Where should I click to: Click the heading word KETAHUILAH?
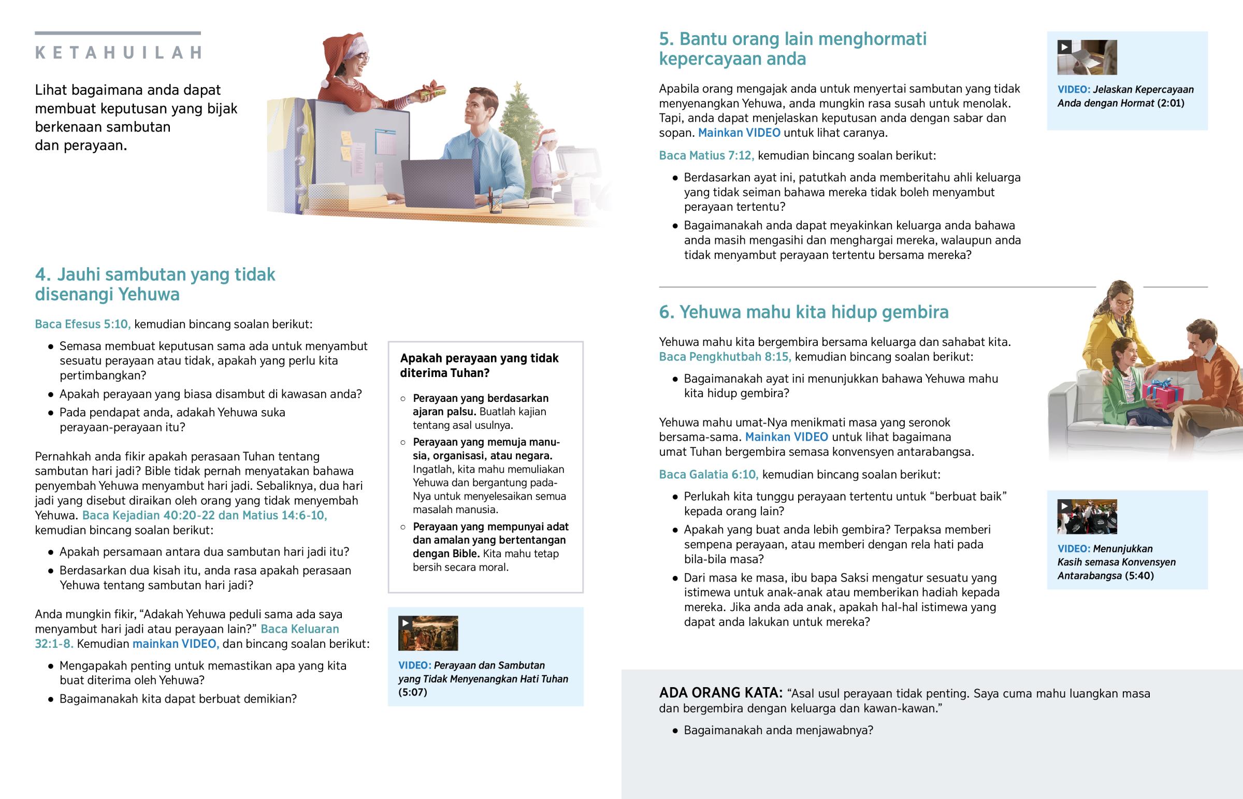pos(118,52)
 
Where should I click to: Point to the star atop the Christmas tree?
pos(517,85)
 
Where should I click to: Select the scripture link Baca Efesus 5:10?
pos(82,324)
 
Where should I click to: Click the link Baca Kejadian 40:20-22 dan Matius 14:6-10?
pos(205,515)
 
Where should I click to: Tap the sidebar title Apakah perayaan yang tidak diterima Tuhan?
pos(479,365)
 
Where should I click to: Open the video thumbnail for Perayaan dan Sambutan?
pos(428,633)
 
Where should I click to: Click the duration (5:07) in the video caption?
pos(412,692)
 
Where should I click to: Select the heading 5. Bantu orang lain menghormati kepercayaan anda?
pos(792,49)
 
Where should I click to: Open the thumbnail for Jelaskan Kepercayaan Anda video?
pos(1087,57)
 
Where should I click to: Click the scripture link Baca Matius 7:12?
pos(706,155)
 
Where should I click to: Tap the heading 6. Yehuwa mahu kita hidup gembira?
pos(803,312)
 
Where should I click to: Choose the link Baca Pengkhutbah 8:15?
pos(725,356)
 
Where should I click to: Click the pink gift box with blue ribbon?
pos(1163,395)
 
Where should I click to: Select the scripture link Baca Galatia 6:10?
pos(708,474)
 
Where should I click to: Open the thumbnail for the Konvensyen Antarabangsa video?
pos(1087,517)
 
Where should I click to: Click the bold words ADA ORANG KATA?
pos(720,693)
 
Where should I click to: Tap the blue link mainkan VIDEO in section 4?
pos(176,644)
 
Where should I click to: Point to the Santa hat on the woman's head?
pos(342,47)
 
